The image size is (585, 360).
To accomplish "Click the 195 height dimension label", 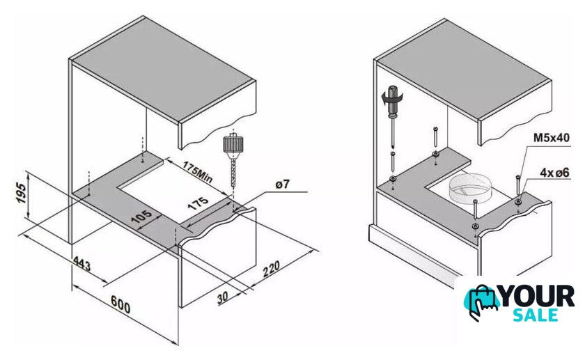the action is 22,193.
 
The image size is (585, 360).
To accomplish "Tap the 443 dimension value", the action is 81,263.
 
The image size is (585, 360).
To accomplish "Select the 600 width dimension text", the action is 120,304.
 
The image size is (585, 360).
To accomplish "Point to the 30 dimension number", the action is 222,297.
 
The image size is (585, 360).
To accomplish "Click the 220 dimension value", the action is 271,269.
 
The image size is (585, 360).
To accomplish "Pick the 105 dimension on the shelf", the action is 141,217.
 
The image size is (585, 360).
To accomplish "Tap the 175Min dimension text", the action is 198,172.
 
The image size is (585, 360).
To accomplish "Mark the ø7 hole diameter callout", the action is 283,184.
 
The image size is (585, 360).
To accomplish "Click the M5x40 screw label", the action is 552,138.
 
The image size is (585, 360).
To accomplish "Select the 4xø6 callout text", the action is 555,173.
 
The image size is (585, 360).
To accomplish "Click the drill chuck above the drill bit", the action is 233,145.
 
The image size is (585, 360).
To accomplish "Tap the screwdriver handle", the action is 393,100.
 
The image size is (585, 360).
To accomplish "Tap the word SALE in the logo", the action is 536,315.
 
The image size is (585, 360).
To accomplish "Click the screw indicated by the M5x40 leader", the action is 518,189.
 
